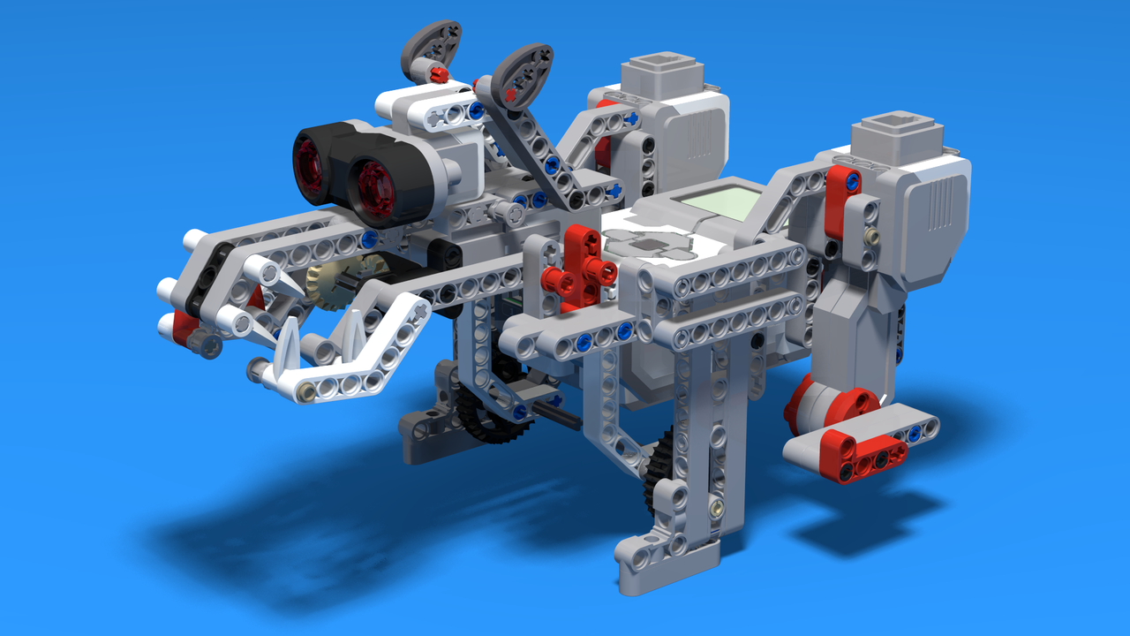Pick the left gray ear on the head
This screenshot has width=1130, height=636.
point(431,46)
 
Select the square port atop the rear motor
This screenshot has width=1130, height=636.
point(899,132)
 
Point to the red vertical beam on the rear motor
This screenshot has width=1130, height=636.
point(843,200)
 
